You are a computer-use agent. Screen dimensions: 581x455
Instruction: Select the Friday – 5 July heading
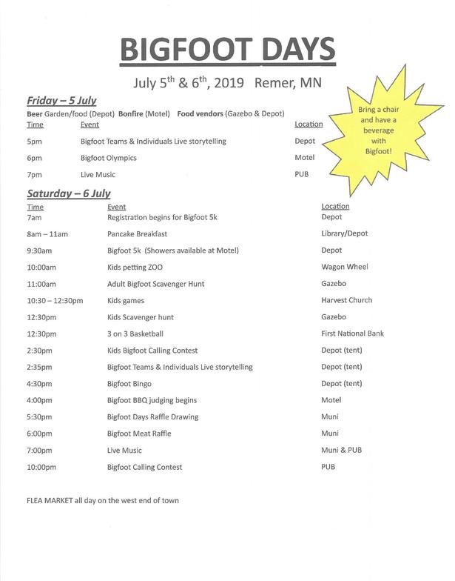click(x=62, y=101)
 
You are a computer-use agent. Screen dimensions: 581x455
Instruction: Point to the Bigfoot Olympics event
click(x=109, y=158)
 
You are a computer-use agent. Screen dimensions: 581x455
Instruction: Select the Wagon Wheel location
click(x=345, y=267)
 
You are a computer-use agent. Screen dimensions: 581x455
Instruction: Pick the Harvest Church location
click(x=347, y=300)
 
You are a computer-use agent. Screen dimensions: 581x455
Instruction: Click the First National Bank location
click(x=353, y=333)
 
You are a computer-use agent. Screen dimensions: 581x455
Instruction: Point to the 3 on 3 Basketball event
click(x=135, y=333)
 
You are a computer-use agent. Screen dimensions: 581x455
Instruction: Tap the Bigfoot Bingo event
click(x=129, y=384)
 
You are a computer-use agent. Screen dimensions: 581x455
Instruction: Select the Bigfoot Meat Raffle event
click(x=139, y=434)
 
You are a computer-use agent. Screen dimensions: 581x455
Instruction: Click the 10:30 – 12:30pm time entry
click(x=55, y=300)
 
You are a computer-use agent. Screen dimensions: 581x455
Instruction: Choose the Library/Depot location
click(x=345, y=233)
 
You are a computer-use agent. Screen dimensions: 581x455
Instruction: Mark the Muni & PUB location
click(x=341, y=451)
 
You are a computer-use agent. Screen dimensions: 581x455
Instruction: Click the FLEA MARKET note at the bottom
click(x=102, y=500)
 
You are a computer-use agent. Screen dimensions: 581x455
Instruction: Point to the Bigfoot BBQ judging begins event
click(x=152, y=400)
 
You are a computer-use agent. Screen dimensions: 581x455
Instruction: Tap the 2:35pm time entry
click(x=39, y=367)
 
